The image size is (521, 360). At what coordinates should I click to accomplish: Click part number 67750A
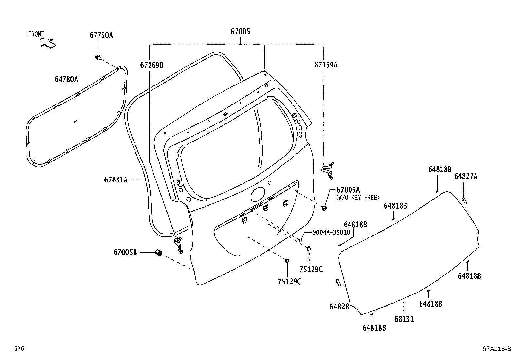pos(101,35)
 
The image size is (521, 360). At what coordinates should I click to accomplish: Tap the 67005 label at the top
pos(240,32)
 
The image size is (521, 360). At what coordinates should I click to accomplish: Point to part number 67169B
pos(152,65)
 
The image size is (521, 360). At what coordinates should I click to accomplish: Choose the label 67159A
pos(326,65)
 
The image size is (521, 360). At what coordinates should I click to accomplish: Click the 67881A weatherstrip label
pos(116,180)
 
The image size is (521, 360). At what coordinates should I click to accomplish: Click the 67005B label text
pos(125,252)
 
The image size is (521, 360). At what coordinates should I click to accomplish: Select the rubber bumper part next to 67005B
pos(159,253)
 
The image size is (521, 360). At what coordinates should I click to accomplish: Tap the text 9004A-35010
pos(331,232)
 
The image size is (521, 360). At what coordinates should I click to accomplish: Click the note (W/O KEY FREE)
pos(358,197)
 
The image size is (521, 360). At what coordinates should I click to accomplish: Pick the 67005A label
pos(348,190)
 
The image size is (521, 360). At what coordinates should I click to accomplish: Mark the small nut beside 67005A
pos(324,208)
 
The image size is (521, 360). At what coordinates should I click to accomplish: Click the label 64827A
pos(465,177)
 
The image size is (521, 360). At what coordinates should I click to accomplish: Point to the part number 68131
pos(404,319)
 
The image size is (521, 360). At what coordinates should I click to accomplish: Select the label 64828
pos(339,306)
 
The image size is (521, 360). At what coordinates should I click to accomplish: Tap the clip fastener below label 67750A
pos(98,58)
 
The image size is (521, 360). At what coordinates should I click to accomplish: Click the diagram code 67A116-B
pos(496,349)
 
